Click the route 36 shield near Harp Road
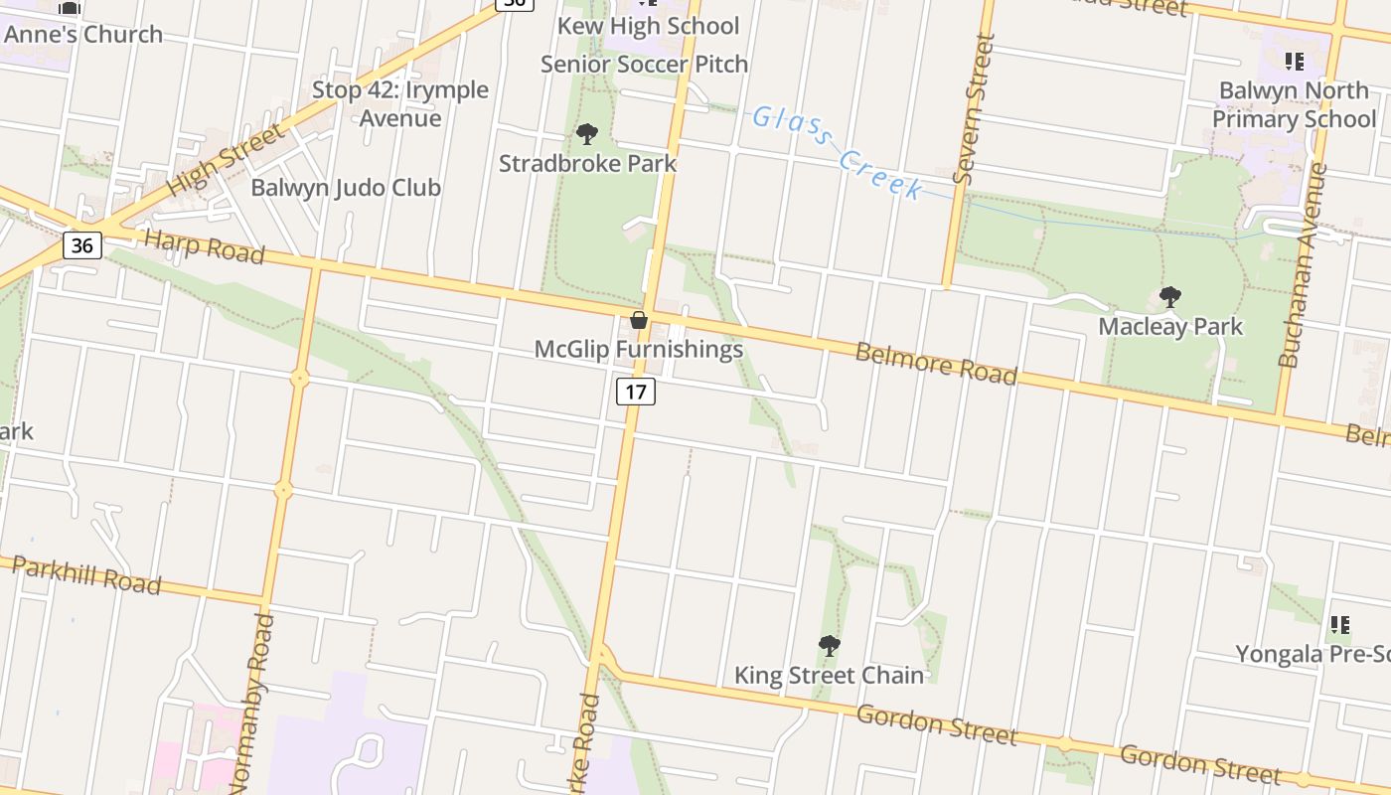tap(81, 244)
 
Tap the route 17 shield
tap(636, 392)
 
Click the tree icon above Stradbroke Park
tap(587, 134)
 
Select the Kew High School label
tap(648, 26)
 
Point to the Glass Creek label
tap(837, 152)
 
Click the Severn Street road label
tap(973, 109)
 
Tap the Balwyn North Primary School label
tap(1294, 104)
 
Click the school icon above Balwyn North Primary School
tap(1294, 62)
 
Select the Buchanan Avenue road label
tap(1304, 264)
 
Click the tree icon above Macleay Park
tap(1170, 297)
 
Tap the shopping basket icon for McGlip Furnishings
tap(639, 320)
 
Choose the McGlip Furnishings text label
tap(639, 349)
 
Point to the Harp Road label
tap(204, 246)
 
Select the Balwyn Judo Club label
tap(346, 187)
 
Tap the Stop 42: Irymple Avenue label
tap(400, 103)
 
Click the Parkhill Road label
tap(86, 575)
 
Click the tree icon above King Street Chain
tap(830, 646)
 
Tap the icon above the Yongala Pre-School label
tap(1339, 625)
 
